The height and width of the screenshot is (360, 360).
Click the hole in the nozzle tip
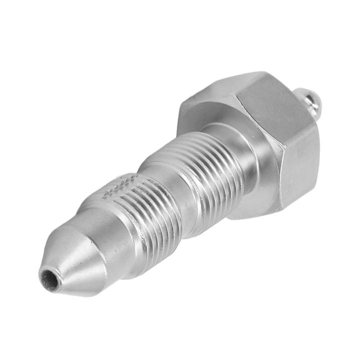tap(48, 276)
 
